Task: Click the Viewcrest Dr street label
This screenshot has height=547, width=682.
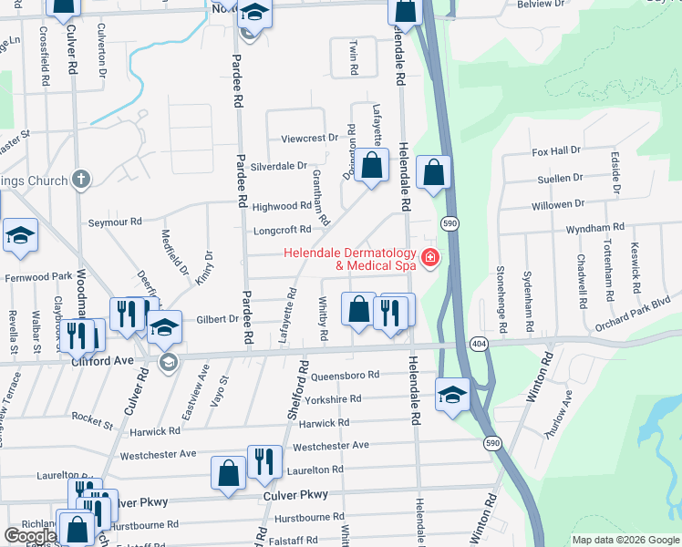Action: point(309,138)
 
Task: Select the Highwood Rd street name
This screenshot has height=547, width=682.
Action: point(282,207)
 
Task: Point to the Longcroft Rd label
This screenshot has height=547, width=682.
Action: point(282,230)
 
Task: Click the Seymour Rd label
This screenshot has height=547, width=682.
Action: point(115,222)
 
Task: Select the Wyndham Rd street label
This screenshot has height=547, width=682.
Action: point(594,227)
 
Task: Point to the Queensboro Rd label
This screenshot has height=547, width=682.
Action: point(345,375)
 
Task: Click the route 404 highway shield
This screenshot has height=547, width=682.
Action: point(479,343)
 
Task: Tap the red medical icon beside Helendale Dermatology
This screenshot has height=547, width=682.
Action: point(429,260)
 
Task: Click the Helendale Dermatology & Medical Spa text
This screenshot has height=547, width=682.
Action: point(349,260)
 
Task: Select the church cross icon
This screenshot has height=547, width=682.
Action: point(81,179)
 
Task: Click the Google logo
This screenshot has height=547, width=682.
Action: point(29,537)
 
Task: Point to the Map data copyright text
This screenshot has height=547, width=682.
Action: point(625,540)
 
